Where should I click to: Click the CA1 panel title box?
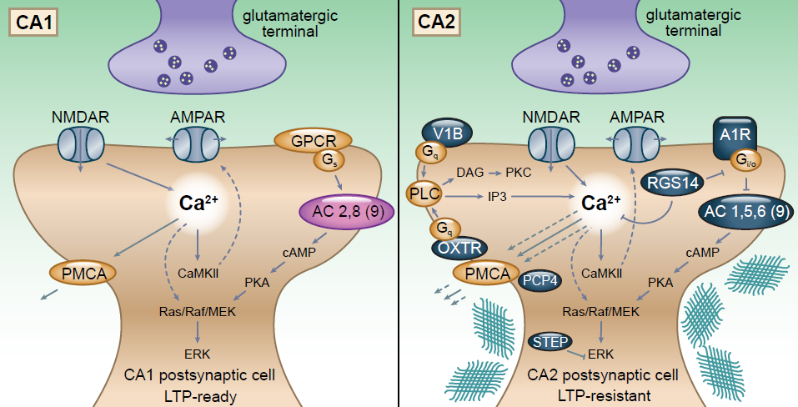pyautogui.click(x=33, y=22)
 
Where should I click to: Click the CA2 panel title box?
pyautogui.click(x=436, y=22)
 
